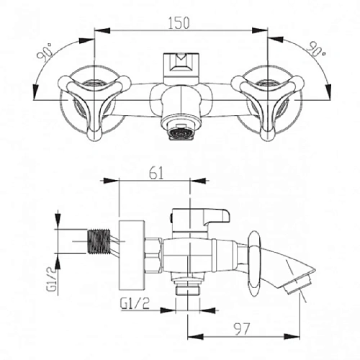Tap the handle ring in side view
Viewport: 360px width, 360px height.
point(253,263)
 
